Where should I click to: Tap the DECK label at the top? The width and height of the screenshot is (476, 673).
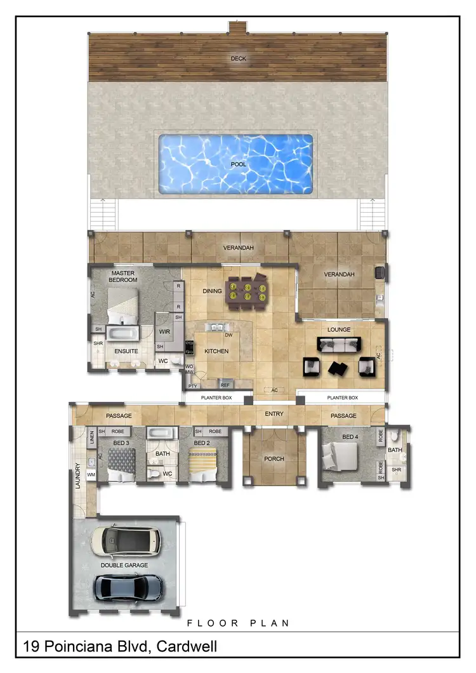pos(238,59)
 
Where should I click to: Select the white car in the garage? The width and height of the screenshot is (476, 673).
pos(126,540)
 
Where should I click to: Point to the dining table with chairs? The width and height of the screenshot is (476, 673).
pos(246,292)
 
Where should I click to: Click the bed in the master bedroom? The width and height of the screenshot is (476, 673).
pos(122,304)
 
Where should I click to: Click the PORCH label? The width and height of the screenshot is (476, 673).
pos(274,459)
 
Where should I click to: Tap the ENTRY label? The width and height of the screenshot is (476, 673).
pos(274,414)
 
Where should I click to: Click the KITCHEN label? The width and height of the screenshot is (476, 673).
pos(216,351)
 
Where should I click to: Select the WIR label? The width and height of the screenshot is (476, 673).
pos(164,331)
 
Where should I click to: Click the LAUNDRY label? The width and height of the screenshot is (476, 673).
pos(78,476)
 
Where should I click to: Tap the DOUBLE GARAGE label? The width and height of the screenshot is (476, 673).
pos(124,564)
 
